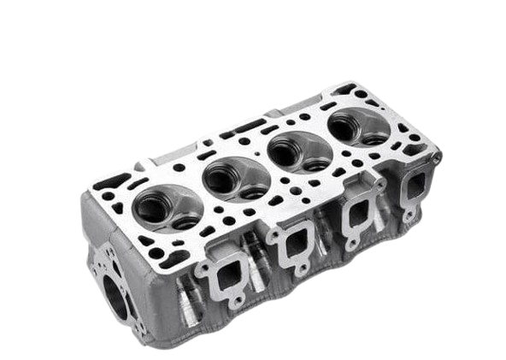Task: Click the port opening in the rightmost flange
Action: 417,185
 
